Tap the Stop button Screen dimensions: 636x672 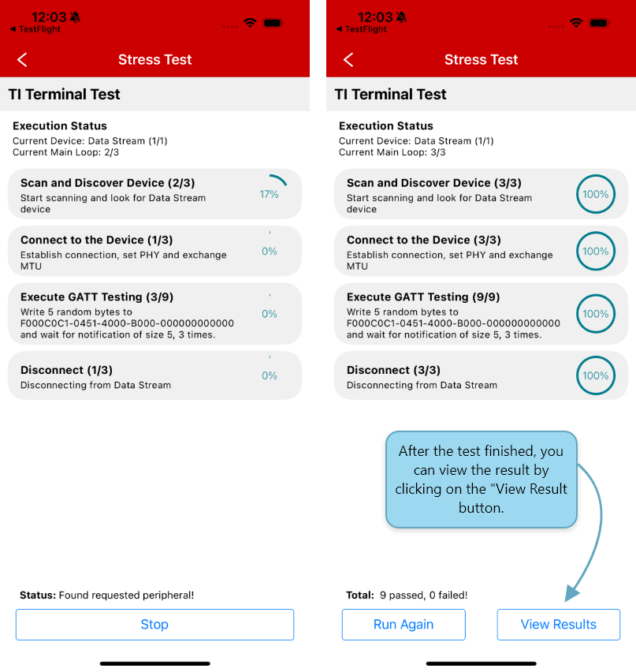(154, 625)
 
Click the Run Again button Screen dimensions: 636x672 (404, 625)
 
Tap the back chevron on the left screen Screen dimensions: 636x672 (22, 60)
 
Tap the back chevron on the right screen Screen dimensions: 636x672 (348, 60)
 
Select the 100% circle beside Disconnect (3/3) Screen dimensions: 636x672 (595, 375)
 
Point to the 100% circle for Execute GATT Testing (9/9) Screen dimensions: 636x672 (595, 314)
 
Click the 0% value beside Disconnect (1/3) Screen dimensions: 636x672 (270, 376)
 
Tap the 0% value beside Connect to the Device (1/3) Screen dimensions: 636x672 (270, 252)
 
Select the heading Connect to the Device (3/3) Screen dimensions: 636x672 (423, 240)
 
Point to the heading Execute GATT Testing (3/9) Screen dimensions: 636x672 (97, 297)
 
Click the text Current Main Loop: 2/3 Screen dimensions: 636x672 (65, 152)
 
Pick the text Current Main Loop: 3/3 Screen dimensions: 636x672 (392, 152)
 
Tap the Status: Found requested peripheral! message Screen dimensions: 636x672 (106, 595)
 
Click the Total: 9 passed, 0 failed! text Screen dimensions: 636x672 (407, 595)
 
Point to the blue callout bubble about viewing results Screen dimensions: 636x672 (481, 480)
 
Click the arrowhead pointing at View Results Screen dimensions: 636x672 (571, 594)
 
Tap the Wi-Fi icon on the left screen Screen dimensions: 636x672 (250, 23)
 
